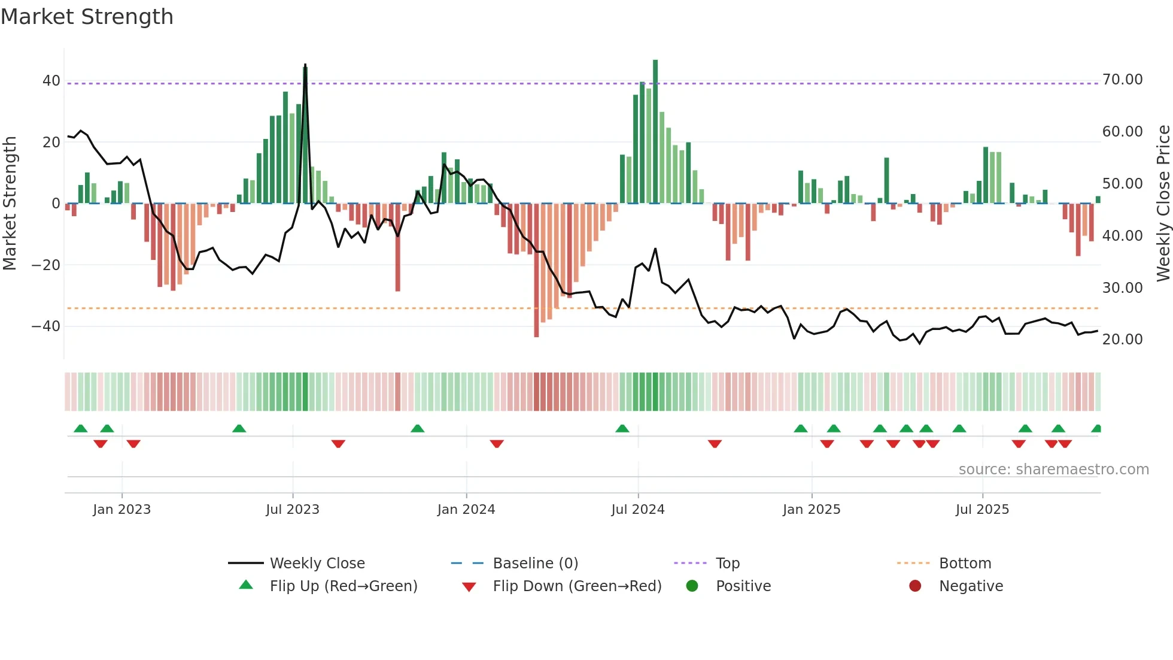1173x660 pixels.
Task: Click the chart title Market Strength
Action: pos(87,17)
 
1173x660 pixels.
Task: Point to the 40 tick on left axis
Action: pos(51,80)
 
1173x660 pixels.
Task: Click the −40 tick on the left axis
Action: pos(46,326)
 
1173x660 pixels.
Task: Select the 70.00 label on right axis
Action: pos(1122,80)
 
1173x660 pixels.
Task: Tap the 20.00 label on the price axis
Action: pos(1122,340)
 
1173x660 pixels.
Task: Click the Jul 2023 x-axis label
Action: pos(293,510)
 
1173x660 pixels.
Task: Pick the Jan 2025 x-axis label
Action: pos(812,510)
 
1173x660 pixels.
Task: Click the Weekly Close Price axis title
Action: pos(1162,203)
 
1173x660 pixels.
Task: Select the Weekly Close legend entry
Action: pos(317,564)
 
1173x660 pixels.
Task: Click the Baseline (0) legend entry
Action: pos(535,564)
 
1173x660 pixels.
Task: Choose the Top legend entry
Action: pos(728,564)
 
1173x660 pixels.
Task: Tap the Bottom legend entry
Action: pos(965,564)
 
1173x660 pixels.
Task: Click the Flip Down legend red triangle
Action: pos(469,587)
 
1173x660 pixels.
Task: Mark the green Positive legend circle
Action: pos(692,586)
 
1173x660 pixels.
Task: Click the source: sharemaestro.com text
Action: pos(1053,470)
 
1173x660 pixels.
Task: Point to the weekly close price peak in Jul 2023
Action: pos(305,65)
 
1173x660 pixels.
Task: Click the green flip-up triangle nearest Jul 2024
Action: pos(622,428)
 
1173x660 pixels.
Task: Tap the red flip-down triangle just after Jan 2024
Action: pos(497,444)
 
